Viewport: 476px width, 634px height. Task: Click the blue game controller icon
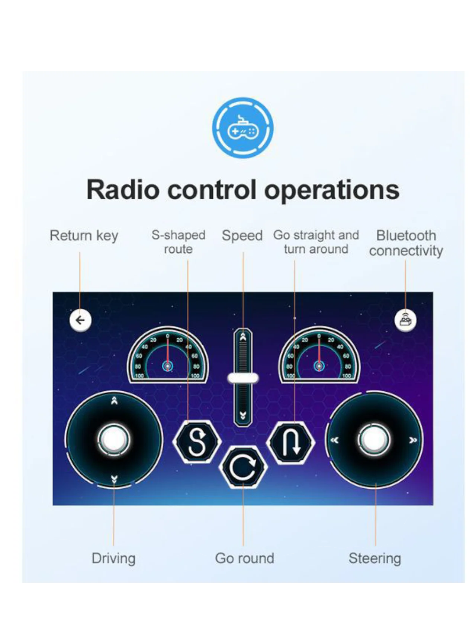click(243, 128)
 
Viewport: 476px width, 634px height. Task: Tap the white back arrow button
click(80, 320)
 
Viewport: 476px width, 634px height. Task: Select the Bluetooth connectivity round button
click(405, 320)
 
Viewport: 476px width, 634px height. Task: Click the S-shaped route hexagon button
click(197, 441)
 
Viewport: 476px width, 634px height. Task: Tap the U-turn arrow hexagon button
click(291, 442)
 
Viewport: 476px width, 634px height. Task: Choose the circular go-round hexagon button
click(243, 467)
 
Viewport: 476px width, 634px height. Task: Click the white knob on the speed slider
click(243, 378)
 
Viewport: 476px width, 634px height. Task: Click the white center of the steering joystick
click(374, 440)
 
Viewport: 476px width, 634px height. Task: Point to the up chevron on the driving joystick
click(115, 401)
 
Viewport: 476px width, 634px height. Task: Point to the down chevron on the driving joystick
click(114, 479)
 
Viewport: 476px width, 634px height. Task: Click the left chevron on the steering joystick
click(335, 440)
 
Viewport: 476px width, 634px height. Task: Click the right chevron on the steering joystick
click(413, 440)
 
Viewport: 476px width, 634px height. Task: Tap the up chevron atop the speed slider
click(243, 337)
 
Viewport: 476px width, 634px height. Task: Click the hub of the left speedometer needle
click(168, 366)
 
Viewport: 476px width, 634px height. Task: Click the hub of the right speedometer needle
click(319, 366)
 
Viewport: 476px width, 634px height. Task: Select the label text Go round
click(245, 558)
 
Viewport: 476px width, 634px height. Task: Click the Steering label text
click(375, 559)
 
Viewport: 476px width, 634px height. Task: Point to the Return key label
click(84, 236)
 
